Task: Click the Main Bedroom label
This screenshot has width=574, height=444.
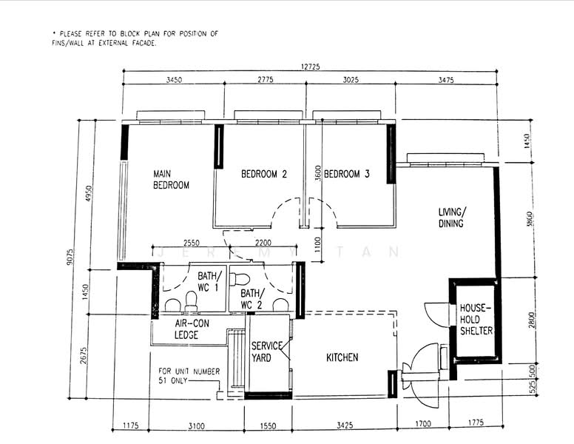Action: coord(171,179)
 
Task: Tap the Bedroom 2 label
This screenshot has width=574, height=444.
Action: coord(264,174)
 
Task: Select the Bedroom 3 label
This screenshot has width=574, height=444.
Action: coord(347,174)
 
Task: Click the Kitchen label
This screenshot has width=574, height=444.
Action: coord(342,357)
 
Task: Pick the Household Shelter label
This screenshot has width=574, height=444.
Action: coord(476,319)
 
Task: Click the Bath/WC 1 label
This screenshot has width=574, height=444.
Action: coord(209,281)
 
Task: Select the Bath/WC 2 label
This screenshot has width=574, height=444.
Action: coord(251,299)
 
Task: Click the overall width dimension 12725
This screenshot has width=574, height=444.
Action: coord(310,67)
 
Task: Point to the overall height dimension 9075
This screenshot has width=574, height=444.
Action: coord(70,257)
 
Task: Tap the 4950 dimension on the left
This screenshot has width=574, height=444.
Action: coord(89,193)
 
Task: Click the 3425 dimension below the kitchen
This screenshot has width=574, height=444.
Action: coord(345,425)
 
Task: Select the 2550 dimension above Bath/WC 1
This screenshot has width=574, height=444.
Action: coord(192,243)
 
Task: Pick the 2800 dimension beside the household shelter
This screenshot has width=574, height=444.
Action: coord(532,320)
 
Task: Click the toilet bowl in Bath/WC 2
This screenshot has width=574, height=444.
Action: coord(240,279)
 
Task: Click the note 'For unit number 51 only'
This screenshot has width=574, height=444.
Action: coord(189,375)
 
